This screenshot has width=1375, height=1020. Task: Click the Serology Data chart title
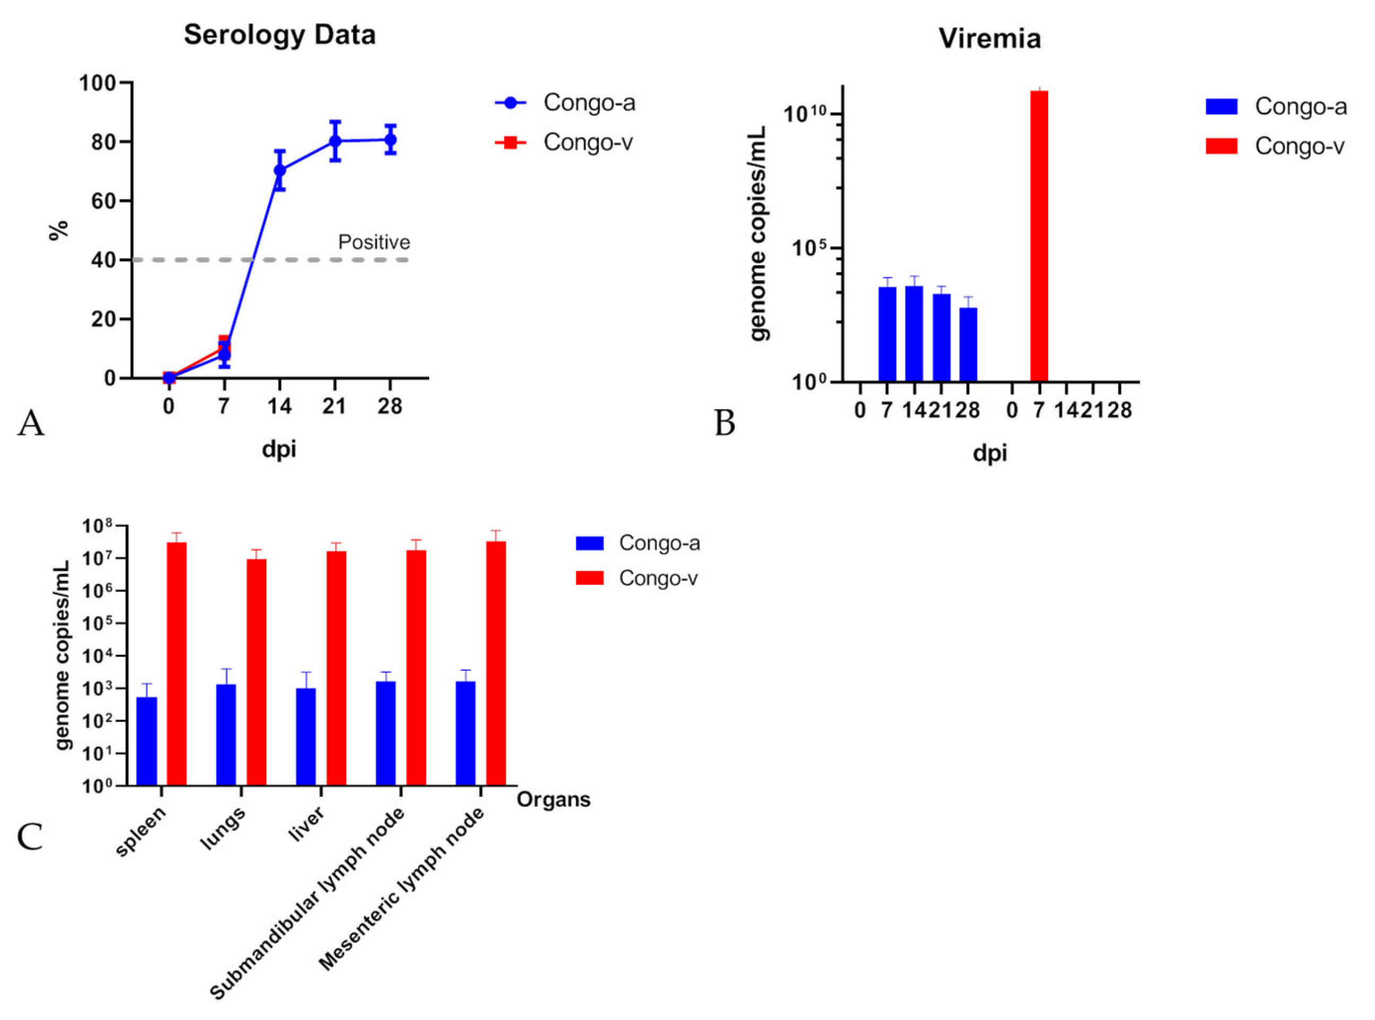coord(280,34)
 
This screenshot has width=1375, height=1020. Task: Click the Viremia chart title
coord(989,38)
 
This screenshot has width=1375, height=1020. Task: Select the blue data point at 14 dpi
coord(280,170)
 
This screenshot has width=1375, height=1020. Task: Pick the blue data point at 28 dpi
coord(390,140)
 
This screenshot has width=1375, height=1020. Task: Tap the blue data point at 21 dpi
coord(335,141)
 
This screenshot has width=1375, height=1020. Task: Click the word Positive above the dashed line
coord(373,242)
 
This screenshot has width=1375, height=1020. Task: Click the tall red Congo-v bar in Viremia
coord(1039,235)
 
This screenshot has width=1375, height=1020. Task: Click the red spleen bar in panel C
coord(177,664)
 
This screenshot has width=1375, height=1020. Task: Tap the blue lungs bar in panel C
coord(226,734)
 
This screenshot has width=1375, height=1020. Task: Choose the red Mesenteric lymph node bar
coord(495,664)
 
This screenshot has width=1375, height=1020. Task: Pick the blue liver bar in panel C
coord(306,737)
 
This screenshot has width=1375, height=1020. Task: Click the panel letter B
coord(725,423)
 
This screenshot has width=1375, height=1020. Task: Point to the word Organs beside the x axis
coord(553,800)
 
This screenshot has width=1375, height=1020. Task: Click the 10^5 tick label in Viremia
coord(808,248)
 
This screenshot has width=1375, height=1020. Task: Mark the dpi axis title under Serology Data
coord(279,449)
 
